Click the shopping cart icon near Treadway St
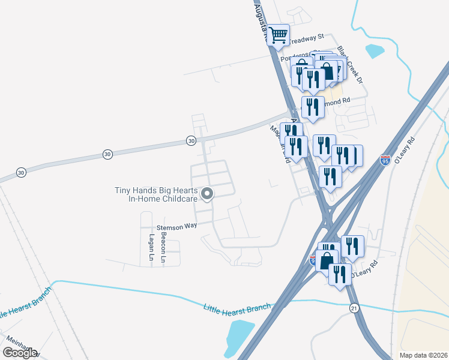pyautogui.click(x=278, y=35)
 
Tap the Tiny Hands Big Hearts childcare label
pyautogui.click(x=156, y=195)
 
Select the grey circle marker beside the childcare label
pyautogui.click(x=207, y=194)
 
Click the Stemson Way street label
pyautogui.click(x=176, y=227)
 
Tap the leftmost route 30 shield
pyautogui.click(x=22, y=172)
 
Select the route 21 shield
pyautogui.click(x=354, y=307)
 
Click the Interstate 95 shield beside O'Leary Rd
pyautogui.click(x=385, y=160)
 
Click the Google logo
pyautogui.click(x=20, y=352)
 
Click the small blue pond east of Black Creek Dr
pyautogui.click(x=375, y=50)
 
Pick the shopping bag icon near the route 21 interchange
pyautogui.click(x=327, y=261)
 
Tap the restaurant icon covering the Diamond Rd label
pyautogui.click(x=313, y=106)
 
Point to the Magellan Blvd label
pyautogui.click(x=280, y=145)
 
